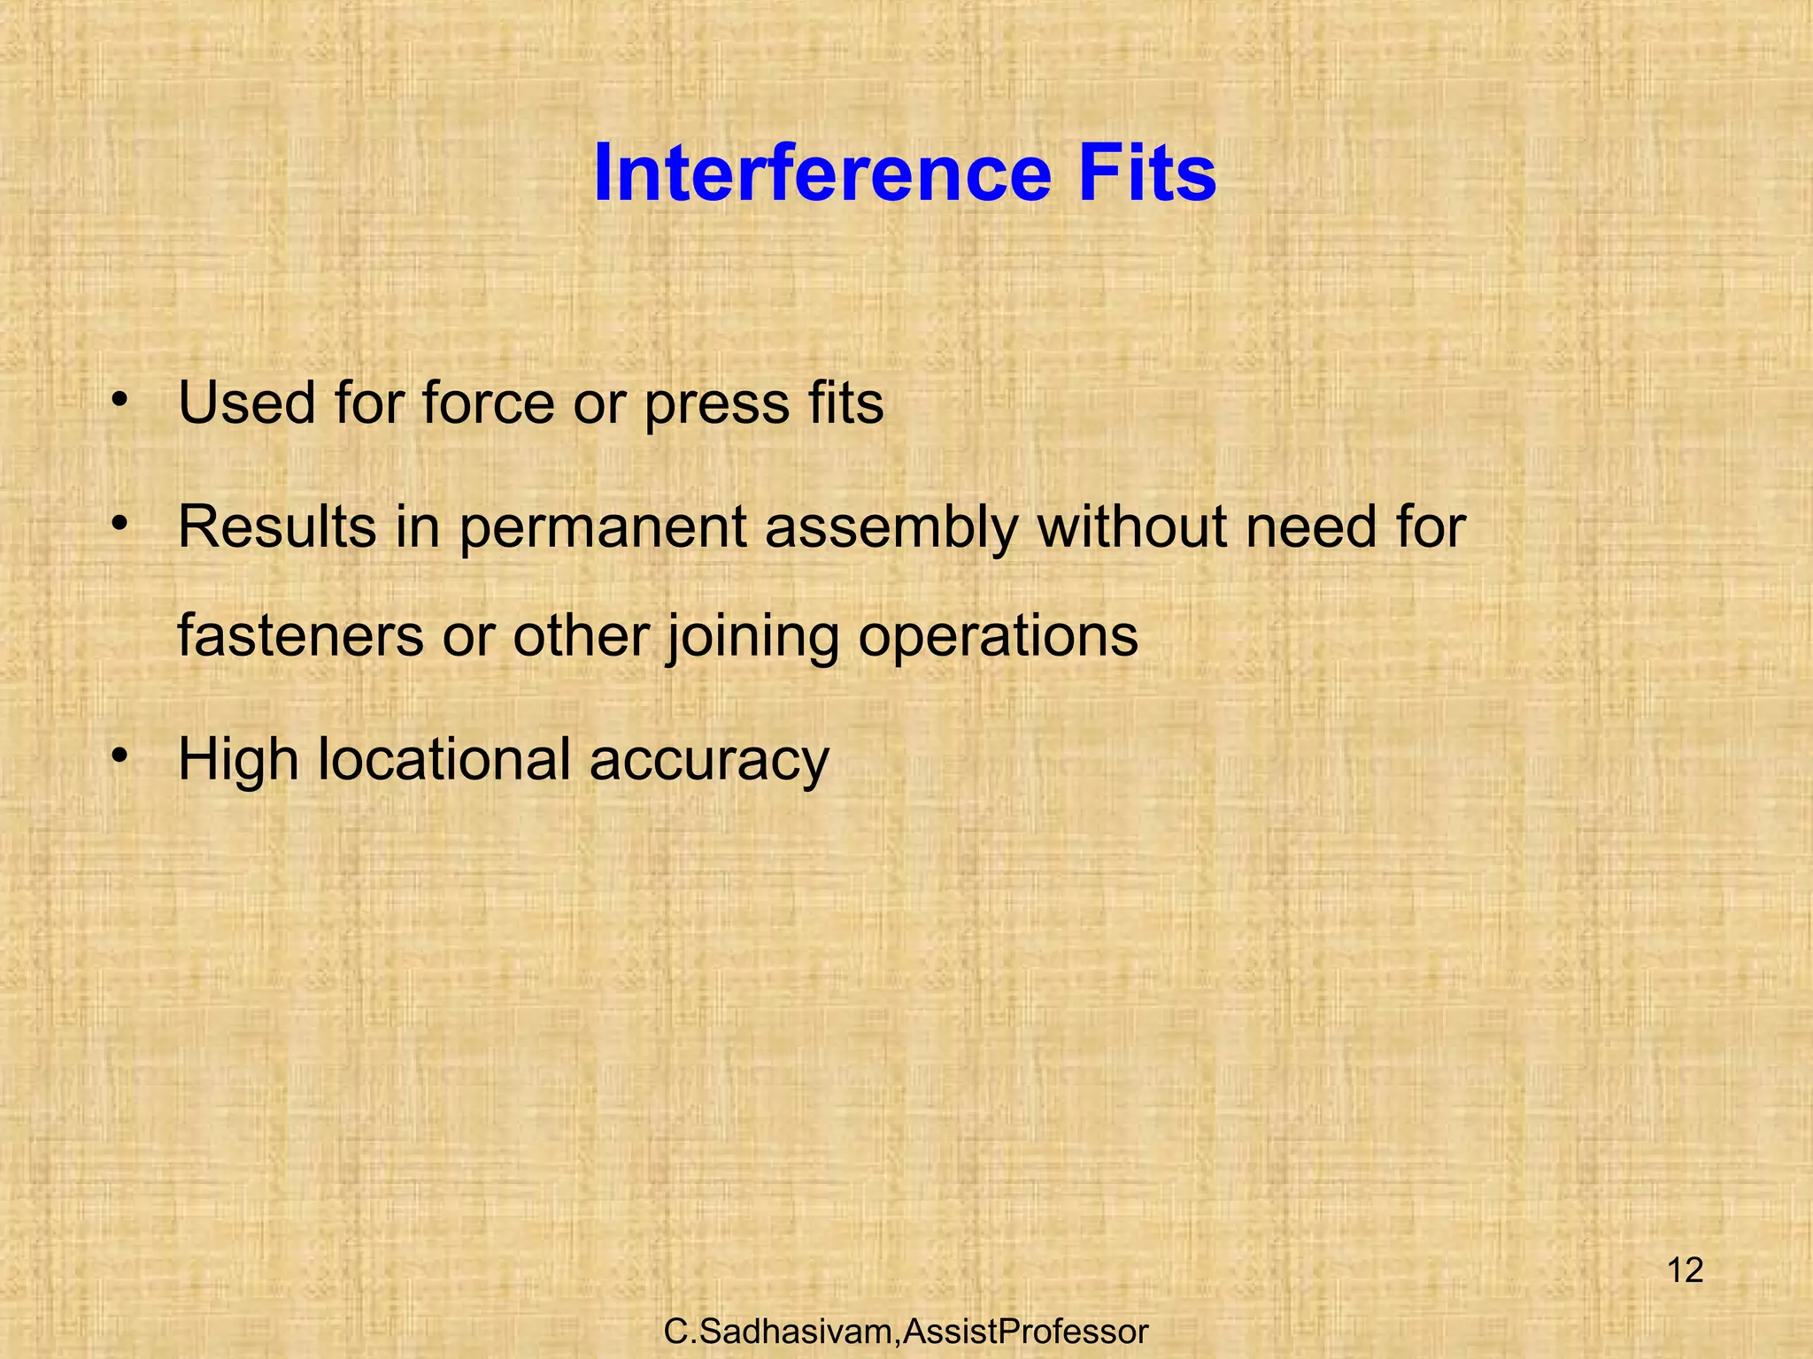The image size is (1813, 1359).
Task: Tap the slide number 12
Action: (x=1685, y=1271)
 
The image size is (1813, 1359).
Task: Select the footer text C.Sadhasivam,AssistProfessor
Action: (x=906, y=1331)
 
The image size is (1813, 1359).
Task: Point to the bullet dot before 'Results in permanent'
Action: (x=120, y=524)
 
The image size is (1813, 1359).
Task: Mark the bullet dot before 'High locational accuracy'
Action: (x=120, y=756)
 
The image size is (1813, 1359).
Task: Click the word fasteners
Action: (x=300, y=636)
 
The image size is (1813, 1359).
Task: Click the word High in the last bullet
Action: (x=238, y=761)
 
